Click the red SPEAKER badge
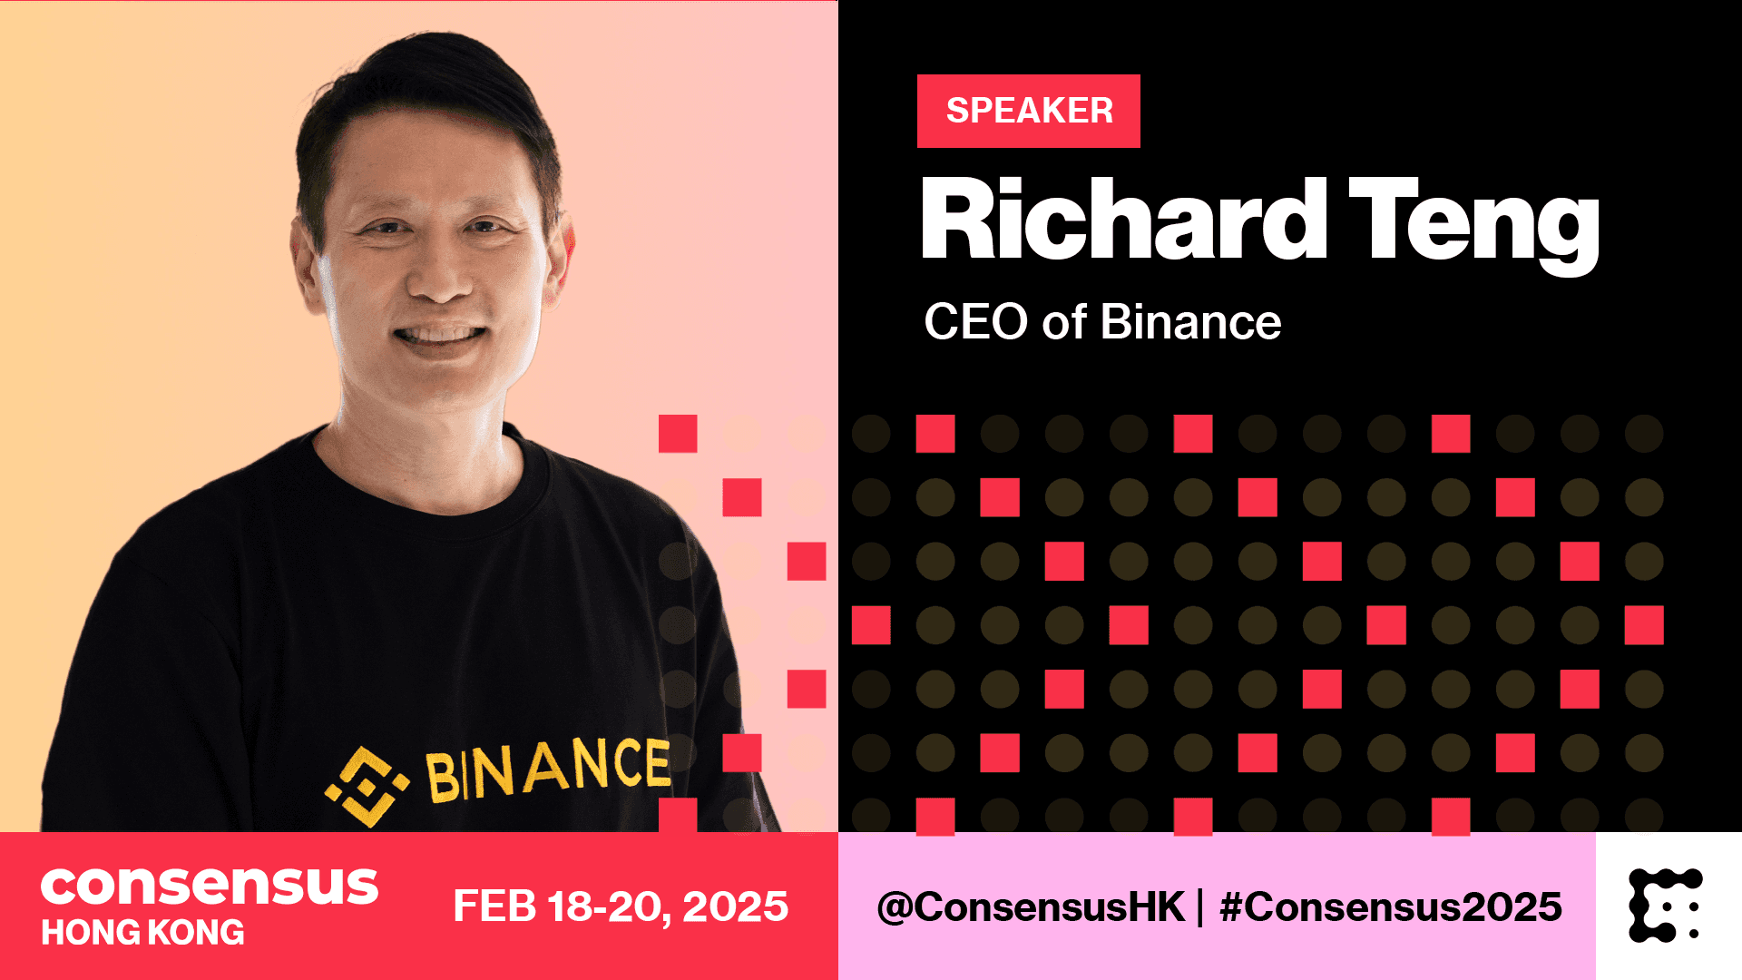pyautogui.click(x=1029, y=111)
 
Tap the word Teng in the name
pyautogui.click(x=1474, y=225)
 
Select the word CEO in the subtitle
pyautogui.click(x=976, y=322)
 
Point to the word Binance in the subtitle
pyautogui.click(x=1191, y=321)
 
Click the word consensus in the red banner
pyautogui.click(x=210, y=886)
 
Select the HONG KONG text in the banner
pyautogui.click(x=143, y=933)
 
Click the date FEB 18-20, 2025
pyautogui.click(x=621, y=906)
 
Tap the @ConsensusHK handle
pyautogui.click(x=1031, y=906)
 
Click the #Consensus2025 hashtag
pyautogui.click(x=1391, y=906)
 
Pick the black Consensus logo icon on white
pyautogui.click(x=1666, y=906)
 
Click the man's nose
pyautogui.click(x=442, y=272)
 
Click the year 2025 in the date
pyautogui.click(x=736, y=906)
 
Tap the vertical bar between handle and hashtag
pyautogui.click(x=1201, y=907)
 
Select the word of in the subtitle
pyautogui.click(x=1064, y=322)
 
